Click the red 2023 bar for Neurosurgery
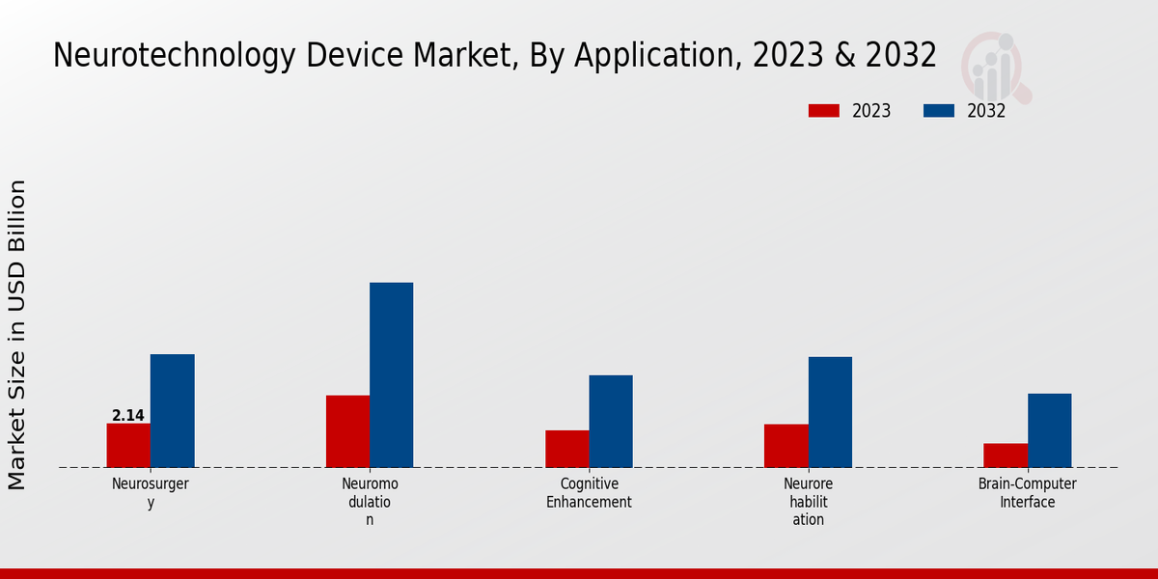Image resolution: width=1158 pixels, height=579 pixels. point(128,445)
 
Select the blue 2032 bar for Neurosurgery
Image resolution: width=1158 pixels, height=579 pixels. point(172,410)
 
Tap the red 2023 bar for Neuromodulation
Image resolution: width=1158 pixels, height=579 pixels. point(347,431)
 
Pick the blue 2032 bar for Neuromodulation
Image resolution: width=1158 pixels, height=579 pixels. point(391,374)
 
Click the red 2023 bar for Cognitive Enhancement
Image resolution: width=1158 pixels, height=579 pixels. point(566,449)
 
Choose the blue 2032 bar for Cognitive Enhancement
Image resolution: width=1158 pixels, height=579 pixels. point(611,421)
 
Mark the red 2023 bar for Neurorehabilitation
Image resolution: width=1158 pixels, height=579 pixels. point(786,446)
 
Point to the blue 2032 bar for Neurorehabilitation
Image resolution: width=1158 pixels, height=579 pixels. point(830,412)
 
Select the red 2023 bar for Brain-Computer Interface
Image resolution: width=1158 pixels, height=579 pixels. point(1005,455)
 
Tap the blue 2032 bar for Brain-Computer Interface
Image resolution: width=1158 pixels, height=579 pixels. point(1049,430)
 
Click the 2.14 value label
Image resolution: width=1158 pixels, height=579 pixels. point(128,416)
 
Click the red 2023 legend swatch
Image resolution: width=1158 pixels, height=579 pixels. point(823,111)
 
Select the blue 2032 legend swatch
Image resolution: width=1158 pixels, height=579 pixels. point(938,111)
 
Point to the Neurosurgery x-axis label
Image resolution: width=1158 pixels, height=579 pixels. point(151,493)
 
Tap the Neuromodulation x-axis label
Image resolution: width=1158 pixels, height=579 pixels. point(370,502)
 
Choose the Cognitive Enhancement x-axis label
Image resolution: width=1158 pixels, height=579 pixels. point(589,493)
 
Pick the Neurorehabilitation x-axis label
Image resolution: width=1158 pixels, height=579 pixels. point(809,502)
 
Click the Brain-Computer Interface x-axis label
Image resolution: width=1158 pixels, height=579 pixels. point(1027,493)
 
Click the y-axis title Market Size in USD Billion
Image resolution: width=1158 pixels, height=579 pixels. point(17,335)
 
